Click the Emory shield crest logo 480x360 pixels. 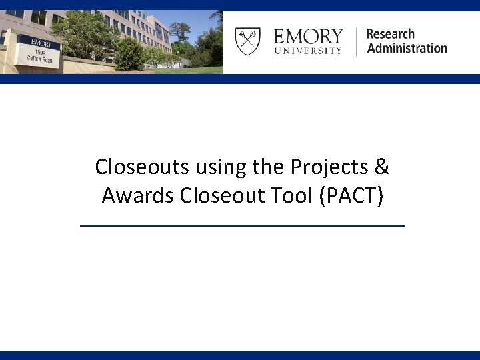pyautogui.click(x=247, y=41)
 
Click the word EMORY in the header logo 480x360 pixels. pyautogui.click(x=308, y=35)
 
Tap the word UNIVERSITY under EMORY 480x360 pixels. pyautogui.click(x=308, y=51)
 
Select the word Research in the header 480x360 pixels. pyautogui.click(x=390, y=33)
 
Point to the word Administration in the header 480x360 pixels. pyautogui.click(x=407, y=48)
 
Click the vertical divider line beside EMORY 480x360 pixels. pyautogui.click(x=356, y=41)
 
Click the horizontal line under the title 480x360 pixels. pyautogui.click(x=242, y=227)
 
